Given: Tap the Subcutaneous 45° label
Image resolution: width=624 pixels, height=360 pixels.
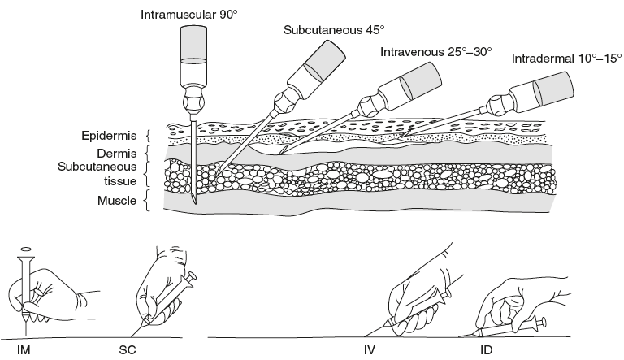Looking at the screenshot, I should pos(334,31).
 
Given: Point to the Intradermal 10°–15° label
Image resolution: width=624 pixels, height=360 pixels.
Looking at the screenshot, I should pos(566,59).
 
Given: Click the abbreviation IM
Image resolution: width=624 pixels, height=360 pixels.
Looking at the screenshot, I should pos(24,351).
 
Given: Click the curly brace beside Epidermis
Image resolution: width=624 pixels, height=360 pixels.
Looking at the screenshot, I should pos(146,135).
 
